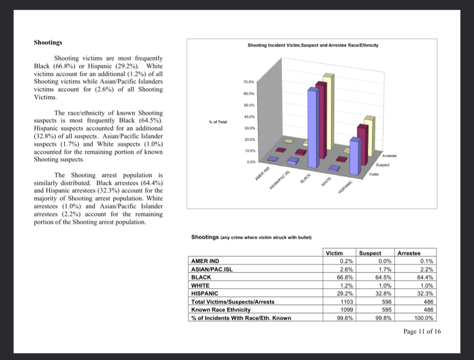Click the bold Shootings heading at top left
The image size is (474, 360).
pyautogui.click(x=48, y=43)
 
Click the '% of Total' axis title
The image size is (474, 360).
pyautogui.click(x=218, y=121)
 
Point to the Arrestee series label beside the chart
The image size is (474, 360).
pyautogui.click(x=389, y=156)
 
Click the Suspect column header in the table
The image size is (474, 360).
pyautogui.click(x=370, y=253)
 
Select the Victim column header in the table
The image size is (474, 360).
pyautogui.click(x=334, y=253)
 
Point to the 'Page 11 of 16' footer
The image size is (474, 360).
pyautogui.click(x=422, y=331)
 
